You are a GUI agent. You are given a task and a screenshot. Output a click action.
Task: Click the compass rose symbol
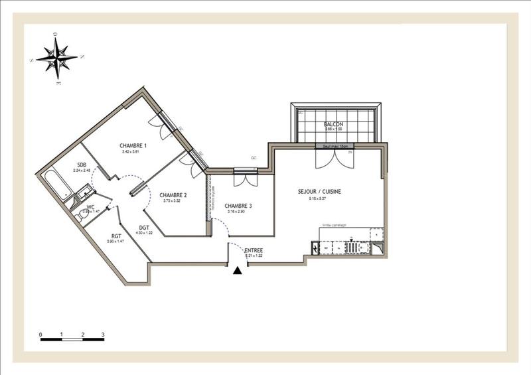56,57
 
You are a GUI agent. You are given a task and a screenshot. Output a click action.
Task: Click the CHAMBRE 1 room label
133,145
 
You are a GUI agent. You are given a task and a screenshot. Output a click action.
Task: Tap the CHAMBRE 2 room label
173,194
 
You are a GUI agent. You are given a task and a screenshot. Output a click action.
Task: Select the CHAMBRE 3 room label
237,206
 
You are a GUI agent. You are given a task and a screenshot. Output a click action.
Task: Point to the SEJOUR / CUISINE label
319,191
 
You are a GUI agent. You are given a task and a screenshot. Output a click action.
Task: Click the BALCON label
333,125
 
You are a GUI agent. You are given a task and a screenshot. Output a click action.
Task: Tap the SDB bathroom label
82,165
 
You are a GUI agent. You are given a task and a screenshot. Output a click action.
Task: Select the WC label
90,206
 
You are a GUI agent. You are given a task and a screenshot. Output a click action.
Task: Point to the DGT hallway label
144,227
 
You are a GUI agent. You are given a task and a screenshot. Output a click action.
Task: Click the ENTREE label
254,250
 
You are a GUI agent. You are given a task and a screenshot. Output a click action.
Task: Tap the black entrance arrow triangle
238,269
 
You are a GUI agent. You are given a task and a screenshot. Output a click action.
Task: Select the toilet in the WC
81,214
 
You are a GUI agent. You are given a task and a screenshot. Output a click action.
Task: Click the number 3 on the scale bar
103,334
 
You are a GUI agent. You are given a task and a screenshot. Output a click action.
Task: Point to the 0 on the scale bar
40,334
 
